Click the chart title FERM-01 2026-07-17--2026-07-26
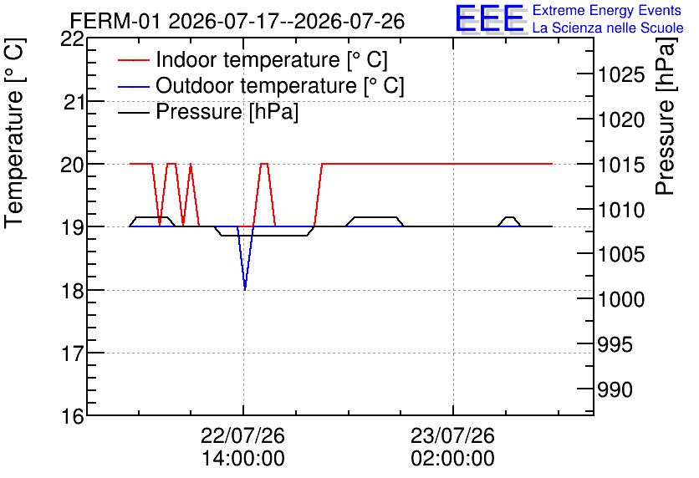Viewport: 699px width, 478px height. pyautogui.click(x=237, y=21)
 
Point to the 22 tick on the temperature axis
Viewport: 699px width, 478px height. pyautogui.click(x=72, y=39)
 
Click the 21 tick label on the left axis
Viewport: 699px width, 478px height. pyautogui.click(x=73, y=103)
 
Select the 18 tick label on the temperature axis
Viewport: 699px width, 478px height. pyautogui.click(x=72, y=291)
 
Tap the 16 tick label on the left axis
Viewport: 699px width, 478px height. pyautogui.click(x=72, y=416)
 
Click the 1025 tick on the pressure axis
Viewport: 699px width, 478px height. pyautogui.click(x=621, y=74)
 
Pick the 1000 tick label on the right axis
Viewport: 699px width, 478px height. pyautogui.click(x=621, y=299)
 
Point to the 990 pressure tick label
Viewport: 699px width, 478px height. pyautogui.click(x=615, y=389)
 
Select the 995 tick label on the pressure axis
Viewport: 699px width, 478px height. pyautogui.click(x=615, y=344)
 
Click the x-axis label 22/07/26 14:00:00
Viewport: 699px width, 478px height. pyautogui.click(x=243, y=447)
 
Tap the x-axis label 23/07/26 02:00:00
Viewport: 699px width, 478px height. pyautogui.click(x=452, y=447)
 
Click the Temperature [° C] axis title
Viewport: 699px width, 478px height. pyautogui.click(x=14, y=134)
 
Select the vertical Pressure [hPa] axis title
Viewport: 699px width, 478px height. pyautogui.click(x=666, y=116)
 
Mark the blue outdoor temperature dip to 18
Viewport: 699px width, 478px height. pyautogui.click(x=245, y=289)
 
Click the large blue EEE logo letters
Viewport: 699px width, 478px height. pyautogui.click(x=489, y=18)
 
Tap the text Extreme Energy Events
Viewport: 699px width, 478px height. pyautogui.click(x=607, y=10)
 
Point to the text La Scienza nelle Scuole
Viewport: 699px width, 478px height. pyautogui.click(x=608, y=28)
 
